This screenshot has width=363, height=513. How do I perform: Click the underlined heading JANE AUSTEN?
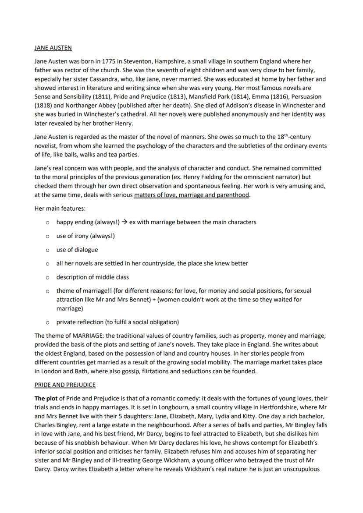[53, 47]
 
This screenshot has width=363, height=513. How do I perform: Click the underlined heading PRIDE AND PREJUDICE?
[65, 385]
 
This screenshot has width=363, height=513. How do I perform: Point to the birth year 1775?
[110, 61]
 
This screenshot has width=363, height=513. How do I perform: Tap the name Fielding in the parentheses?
[149, 177]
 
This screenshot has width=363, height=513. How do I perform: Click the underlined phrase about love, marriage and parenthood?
[192, 195]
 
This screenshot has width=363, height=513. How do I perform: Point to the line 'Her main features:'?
[56, 208]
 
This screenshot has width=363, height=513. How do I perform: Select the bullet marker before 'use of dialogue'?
[47, 250]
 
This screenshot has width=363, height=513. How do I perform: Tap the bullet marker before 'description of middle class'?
[47, 277]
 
